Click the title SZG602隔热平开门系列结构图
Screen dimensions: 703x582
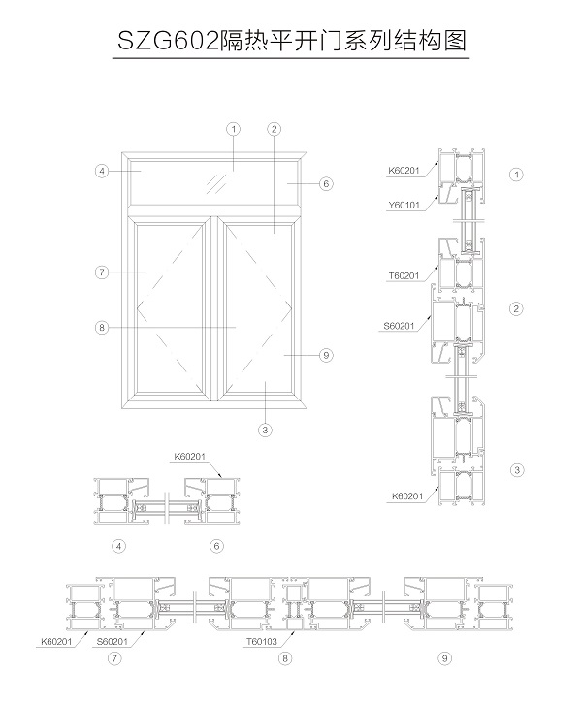pos(291,41)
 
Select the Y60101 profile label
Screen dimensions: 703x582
pos(404,205)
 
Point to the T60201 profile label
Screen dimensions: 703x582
pos(404,275)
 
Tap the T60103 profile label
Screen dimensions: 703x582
pos(260,641)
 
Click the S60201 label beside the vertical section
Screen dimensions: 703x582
pos(400,326)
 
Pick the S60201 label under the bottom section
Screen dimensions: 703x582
pos(114,641)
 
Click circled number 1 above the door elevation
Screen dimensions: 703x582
pos(233,128)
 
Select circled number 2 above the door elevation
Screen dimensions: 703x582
pos(275,128)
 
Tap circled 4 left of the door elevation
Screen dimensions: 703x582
pos(101,171)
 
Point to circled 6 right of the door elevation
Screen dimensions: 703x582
pos(326,182)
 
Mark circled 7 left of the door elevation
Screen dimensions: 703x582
pos(101,272)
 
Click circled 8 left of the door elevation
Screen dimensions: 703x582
pos(101,328)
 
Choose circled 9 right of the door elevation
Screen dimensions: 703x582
pos(326,356)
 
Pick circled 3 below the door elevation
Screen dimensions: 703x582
pos(264,429)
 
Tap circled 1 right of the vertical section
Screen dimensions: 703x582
pos(517,175)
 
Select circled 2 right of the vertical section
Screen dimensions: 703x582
pos(517,308)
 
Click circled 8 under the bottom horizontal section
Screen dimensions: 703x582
pos(284,658)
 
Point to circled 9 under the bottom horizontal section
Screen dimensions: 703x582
pos(444,658)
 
